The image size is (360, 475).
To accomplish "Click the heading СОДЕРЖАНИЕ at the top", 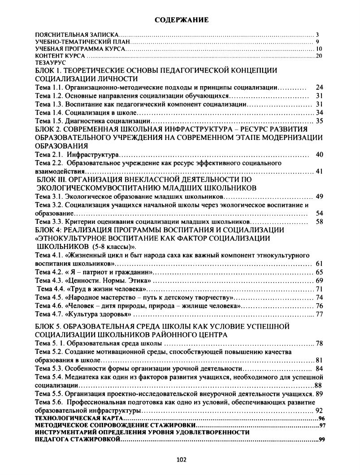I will tap(182, 20).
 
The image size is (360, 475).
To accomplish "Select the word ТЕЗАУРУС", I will tap(48, 63).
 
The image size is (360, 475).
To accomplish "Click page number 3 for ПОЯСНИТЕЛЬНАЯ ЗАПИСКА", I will tap(317, 35).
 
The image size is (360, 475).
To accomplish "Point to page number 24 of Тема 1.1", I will tap(319, 87).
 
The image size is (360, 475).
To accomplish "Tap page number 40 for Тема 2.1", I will tap(319, 155).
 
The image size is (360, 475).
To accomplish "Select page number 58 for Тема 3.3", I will tap(319, 222).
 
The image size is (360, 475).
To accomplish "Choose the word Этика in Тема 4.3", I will tap(138, 280).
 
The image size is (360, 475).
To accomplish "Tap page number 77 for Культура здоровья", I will tap(319, 314).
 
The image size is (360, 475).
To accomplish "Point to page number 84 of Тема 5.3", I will tap(319, 369).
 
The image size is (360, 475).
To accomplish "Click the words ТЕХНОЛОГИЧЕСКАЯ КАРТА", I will tap(69, 418).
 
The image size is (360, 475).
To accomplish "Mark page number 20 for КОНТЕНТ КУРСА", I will tap(320, 56).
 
